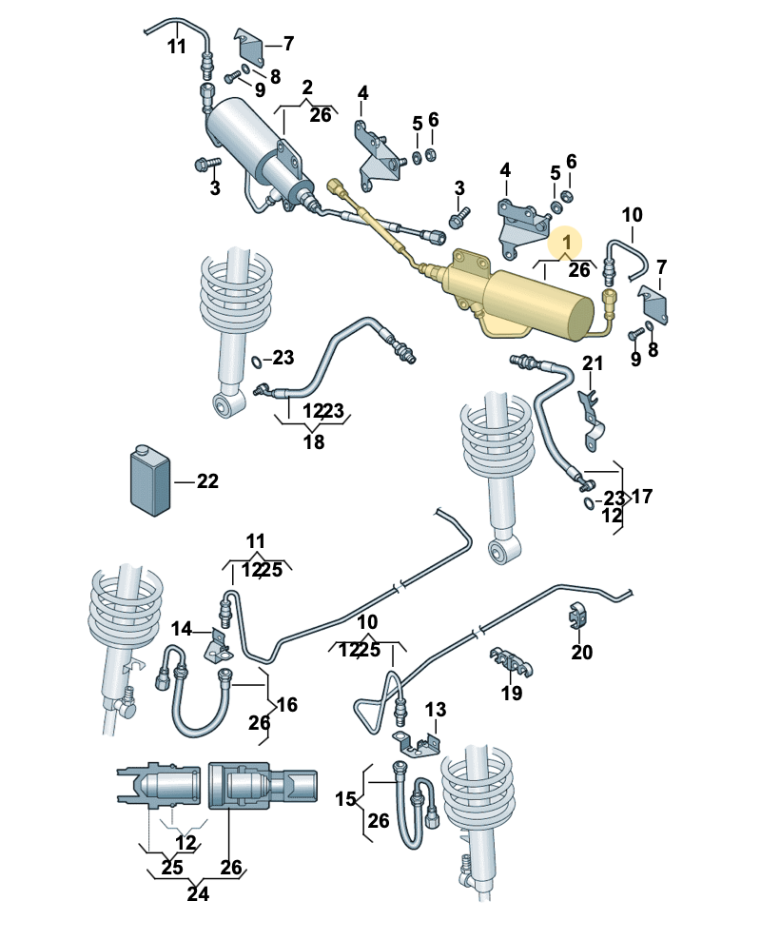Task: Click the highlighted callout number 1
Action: coord(568,243)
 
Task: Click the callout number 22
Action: coord(207,481)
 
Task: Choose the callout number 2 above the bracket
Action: coord(307,88)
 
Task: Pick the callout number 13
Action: coord(435,710)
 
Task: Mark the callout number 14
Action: coord(182,630)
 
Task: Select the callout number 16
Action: coord(287,705)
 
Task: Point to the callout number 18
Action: coord(314,441)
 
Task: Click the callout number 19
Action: coord(512,693)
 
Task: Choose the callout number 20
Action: coord(581,653)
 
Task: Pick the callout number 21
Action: coord(593,362)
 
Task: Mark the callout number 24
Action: coord(198,894)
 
